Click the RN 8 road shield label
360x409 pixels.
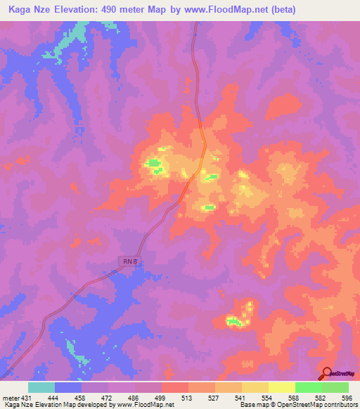[125, 261]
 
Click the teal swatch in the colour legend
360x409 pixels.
[41, 387]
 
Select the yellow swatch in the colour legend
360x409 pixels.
[281, 387]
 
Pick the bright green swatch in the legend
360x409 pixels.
[308, 387]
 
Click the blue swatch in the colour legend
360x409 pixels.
[68, 387]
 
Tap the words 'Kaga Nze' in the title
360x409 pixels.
[29, 10]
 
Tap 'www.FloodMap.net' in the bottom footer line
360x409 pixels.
[145, 405]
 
